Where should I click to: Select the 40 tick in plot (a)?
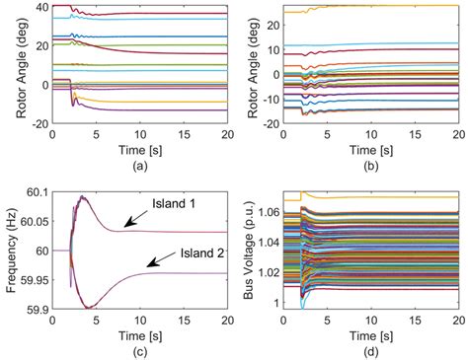(39, 8)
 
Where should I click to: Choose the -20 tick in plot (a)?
(38, 123)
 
